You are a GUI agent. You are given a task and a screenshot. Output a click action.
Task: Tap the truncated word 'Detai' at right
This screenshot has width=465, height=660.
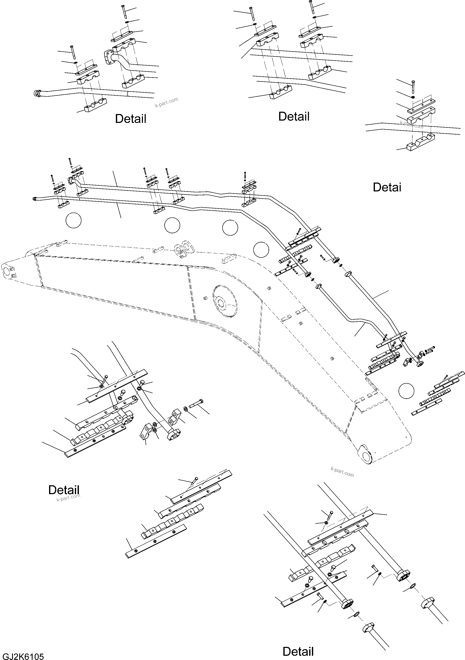pyautogui.click(x=387, y=187)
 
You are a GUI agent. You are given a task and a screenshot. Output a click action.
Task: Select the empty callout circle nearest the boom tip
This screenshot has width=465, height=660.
pyautogui.click(x=406, y=391)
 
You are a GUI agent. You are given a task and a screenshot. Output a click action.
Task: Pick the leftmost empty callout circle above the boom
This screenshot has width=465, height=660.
pyautogui.click(x=74, y=220)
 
